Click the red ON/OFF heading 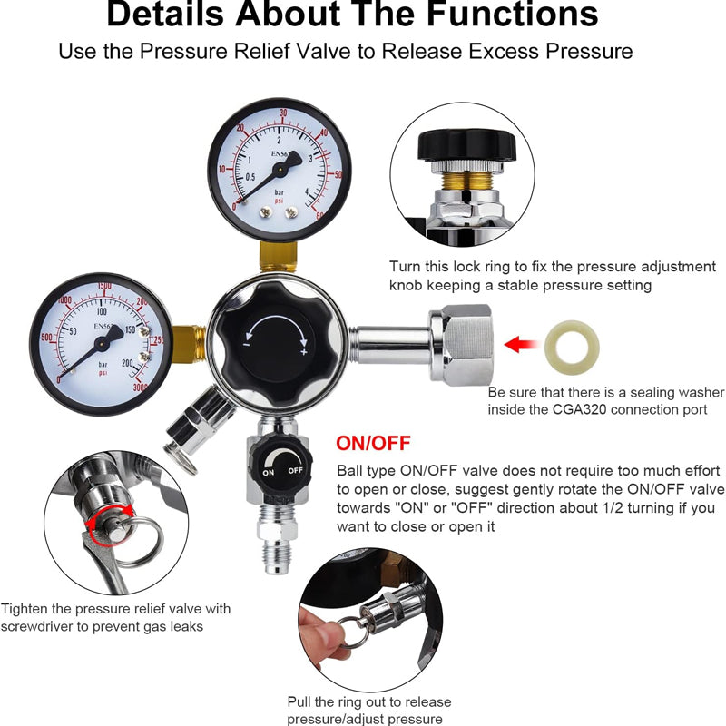[x=373, y=444]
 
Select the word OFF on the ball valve [x=295, y=472]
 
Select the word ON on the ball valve [x=269, y=473]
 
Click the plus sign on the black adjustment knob [x=303, y=351]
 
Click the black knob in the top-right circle [x=465, y=144]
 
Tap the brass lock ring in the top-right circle [x=466, y=192]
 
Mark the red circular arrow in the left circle [x=109, y=527]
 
